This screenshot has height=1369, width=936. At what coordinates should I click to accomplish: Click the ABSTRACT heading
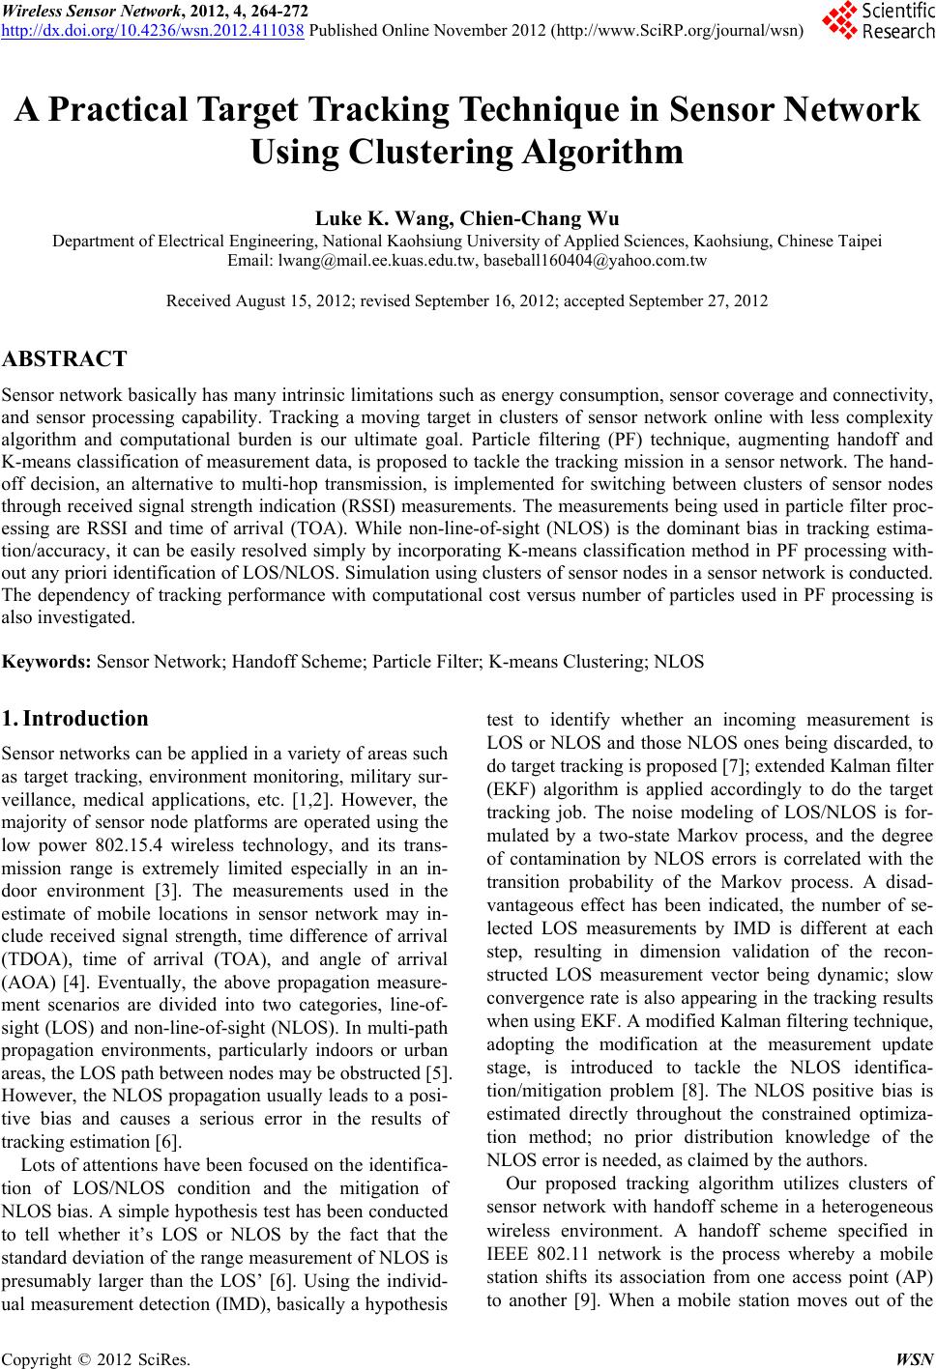(65, 360)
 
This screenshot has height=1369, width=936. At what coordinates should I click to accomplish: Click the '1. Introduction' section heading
(75, 719)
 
